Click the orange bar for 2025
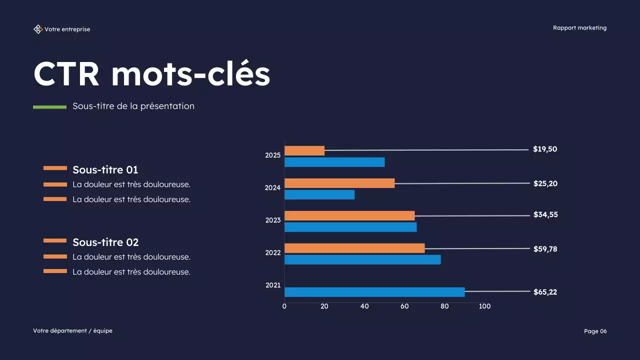pos(304,150)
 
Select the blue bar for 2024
pos(319,194)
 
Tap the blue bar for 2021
pos(374,292)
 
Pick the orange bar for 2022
pos(354,248)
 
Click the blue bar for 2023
pos(350,227)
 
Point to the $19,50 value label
pos(545,149)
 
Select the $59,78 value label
pos(545,248)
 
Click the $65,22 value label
pos(545,292)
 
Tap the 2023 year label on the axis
pos(273,220)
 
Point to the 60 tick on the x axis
pos(404,306)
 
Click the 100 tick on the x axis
pos(484,306)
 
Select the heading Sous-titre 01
pos(105,169)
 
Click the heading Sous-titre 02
pos(105,242)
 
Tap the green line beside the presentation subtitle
pos(49,107)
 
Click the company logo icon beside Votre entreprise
pos(38,29)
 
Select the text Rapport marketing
pos(579,28)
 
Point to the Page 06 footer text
pos(595,331)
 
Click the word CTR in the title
pos(66,74)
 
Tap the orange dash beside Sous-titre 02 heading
pos(55,241)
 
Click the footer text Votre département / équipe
pos(72,330)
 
